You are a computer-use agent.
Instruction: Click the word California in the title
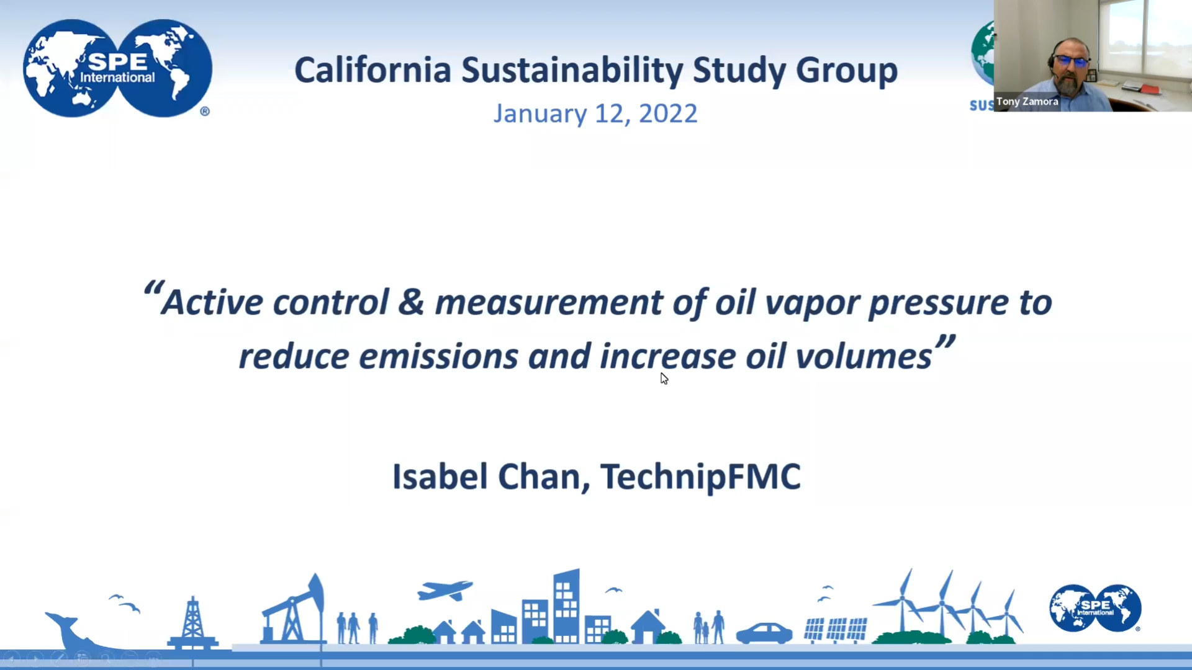[x=372, y=70]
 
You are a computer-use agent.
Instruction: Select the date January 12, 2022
[x=595, y=114]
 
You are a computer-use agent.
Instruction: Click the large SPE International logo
[x=117, y=68]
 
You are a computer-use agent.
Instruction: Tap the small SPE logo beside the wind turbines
[x=1095, y=608]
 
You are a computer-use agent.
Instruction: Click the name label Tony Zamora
[x=1027, y=102]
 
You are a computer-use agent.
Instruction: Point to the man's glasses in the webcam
[x=1071, y=61]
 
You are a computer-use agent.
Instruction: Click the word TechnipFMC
[x=700, y=477]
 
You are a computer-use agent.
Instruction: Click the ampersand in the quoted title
[x=411, y=302]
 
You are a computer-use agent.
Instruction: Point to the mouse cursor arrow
[x=664, y=378]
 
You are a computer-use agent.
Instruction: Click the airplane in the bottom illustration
[x=445, y=590]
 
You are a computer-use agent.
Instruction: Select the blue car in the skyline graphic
[x=764, y=633]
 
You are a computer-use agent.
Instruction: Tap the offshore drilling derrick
[x=192, y=623]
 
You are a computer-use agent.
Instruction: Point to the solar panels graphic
[x=836, y=630]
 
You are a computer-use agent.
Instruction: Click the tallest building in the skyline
[x=566, y=606]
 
